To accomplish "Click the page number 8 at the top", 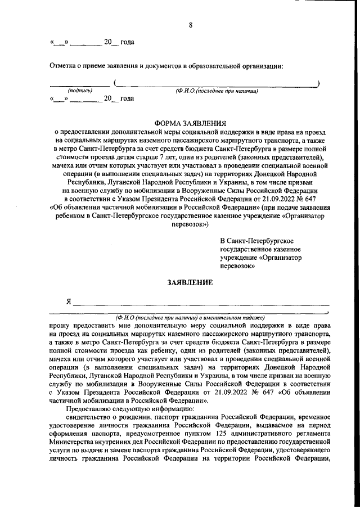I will coord(191,25).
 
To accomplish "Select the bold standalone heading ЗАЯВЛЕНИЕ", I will coord(190,283).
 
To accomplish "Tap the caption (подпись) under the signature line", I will coord(80,91).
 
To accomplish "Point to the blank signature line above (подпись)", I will coord(80,85).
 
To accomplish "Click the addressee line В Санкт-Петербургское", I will coord(256,241).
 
